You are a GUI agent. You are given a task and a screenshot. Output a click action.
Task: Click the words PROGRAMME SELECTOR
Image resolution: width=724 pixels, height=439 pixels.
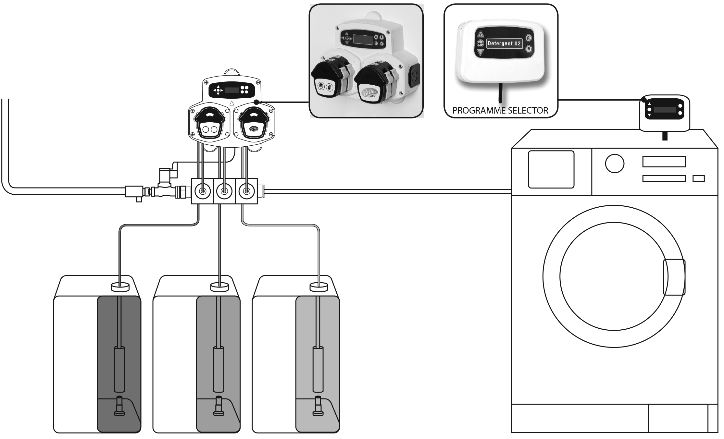500,110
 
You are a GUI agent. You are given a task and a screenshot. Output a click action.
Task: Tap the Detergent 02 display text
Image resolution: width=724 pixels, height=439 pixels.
504,43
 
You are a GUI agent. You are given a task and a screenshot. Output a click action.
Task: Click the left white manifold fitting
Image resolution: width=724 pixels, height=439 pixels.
203,191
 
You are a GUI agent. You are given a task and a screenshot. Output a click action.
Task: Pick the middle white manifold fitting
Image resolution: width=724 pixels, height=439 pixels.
224,191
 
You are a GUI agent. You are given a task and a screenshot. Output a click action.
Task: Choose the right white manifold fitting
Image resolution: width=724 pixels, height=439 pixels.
246,191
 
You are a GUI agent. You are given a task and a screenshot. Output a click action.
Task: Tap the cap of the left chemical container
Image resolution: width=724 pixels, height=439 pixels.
120,287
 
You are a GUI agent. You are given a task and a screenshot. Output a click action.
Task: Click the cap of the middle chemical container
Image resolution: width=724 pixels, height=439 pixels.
220,287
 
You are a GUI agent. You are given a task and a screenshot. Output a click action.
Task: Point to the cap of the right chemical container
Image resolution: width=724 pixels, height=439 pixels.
319,287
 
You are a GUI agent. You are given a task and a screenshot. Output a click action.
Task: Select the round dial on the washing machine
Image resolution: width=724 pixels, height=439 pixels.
614,164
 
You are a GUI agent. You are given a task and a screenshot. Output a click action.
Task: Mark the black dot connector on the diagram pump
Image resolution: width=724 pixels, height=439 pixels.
256,102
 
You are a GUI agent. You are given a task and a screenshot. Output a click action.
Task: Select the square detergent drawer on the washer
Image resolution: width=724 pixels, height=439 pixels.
551,169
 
